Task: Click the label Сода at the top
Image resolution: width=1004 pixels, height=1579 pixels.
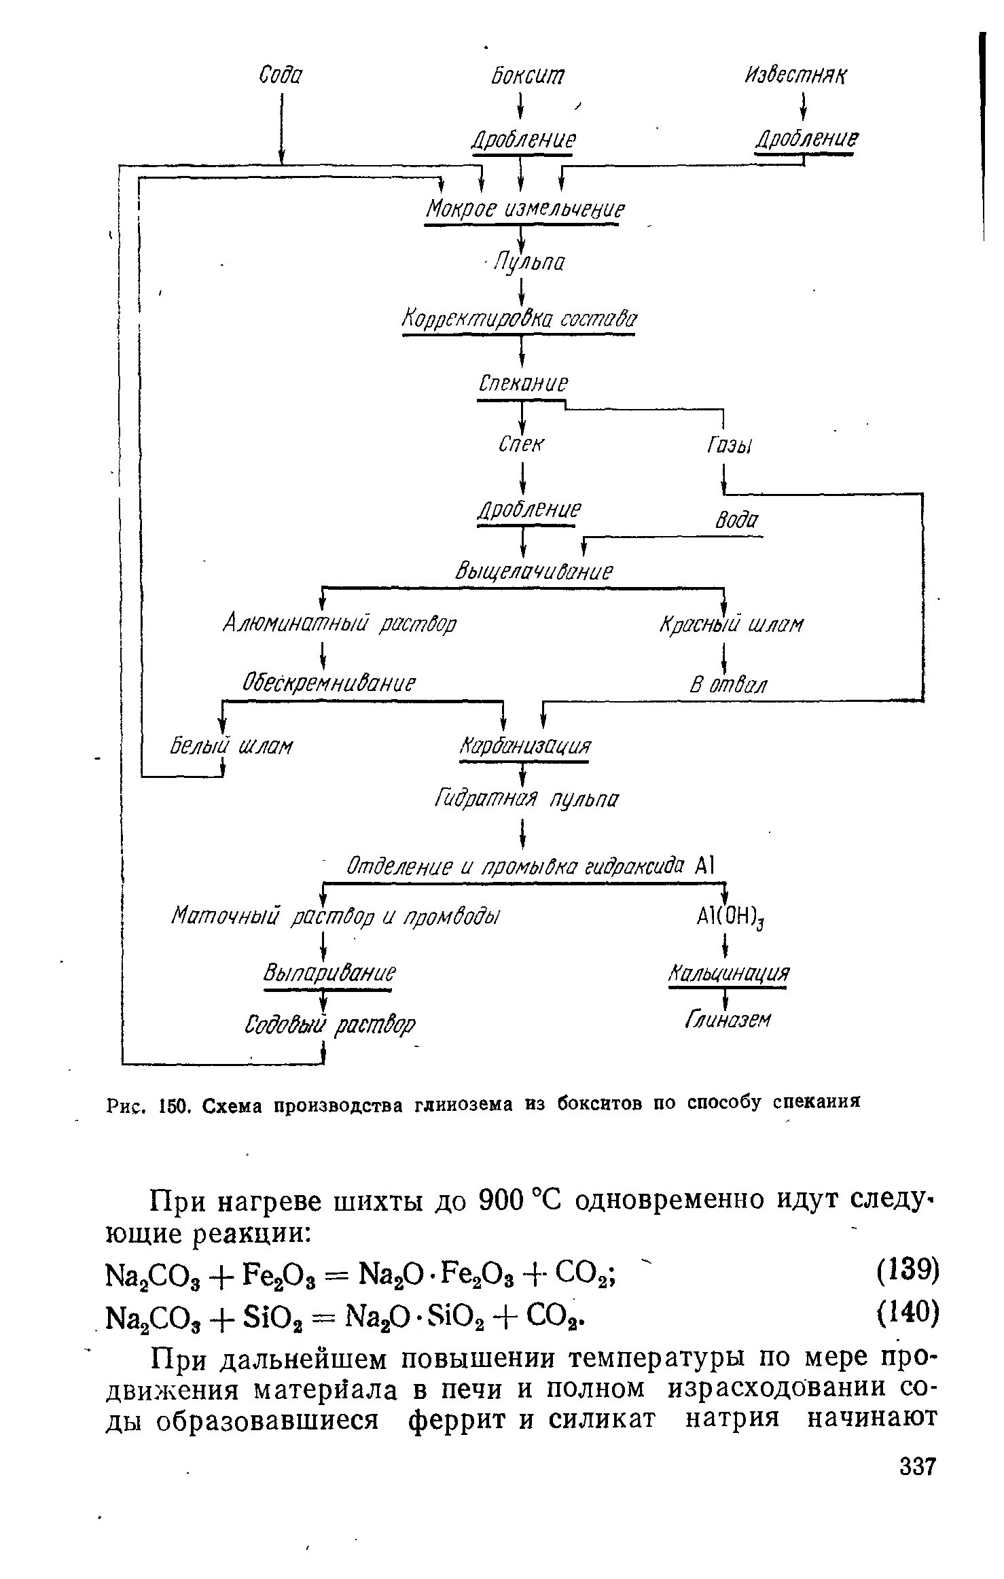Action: point(281,75)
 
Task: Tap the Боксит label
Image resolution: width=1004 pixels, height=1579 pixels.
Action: point(527,75)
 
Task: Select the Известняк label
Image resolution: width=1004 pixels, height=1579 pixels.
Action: point(797,75)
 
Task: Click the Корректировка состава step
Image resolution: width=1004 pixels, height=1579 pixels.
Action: point(520,319)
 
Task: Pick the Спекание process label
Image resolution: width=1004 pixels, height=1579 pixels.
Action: point(522,384)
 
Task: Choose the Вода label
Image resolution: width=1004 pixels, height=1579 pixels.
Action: point(736,521)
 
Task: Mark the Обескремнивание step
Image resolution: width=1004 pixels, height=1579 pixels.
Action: point(329,681)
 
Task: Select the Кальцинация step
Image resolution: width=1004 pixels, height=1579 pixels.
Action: point(729,974)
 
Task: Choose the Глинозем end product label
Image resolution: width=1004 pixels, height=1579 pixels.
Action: point(728,1020)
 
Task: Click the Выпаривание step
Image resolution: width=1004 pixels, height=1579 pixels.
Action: point(329,974)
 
